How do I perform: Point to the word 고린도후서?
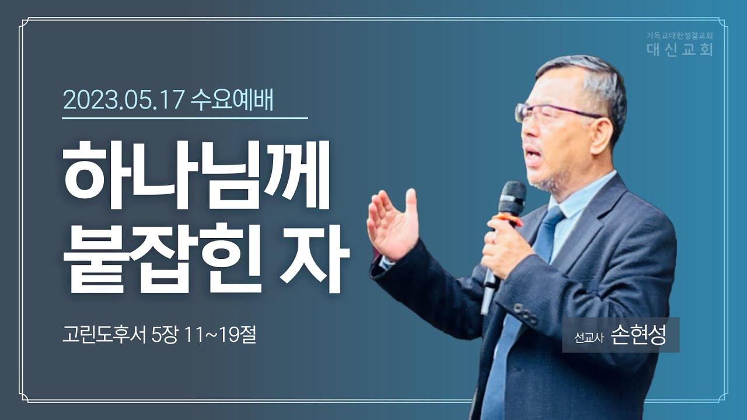pyautogui.click(x=104, y=334)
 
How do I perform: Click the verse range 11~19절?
pyautogui.click(x=220, y=334)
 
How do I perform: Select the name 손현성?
pyautogui.click(x=638, y=335)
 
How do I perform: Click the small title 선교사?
pyautogui.click(x=589, y=338)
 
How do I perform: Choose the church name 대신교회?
pyautogui.click(x=680, y=50)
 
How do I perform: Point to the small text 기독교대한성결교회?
pyautogui.click(x=680, y=35)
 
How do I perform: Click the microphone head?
pyautogui.click(x=512, y=198)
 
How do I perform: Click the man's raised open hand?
pyautogui.click(x=393, y=224)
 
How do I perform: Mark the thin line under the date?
pyautogui.click(x=185, y=118)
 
